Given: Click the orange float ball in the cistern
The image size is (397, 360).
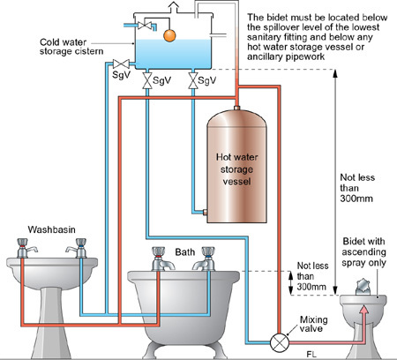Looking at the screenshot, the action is click(x=169, y=35).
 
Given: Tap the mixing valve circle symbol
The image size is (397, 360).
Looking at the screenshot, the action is click(x=280, y=342).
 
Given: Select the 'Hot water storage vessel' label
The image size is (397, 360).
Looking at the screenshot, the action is click(x=236, y=169).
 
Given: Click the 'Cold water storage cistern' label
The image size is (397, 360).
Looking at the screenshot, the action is click(x=71, y=47).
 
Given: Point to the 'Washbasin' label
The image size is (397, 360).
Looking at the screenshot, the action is click(x=52, y=229).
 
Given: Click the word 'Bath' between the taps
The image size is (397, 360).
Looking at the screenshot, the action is click(x=185, y=252).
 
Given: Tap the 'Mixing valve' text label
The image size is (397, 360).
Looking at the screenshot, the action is click(x=313, y=324).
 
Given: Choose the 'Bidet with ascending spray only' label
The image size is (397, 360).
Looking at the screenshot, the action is click(x=363, y=252).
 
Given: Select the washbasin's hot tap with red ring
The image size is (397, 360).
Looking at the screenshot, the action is click(x=24, y=248).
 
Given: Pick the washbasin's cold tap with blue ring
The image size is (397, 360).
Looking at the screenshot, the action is click(x=79, y=248).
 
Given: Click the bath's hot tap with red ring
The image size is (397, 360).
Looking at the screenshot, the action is click(x=161, y=259).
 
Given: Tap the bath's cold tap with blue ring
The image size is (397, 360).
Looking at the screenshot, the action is click(x=206, y=259).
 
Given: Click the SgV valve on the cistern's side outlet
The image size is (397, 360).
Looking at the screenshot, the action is click(x=121, y=64).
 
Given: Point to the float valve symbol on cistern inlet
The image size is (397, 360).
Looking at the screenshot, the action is click(x=145, y=26).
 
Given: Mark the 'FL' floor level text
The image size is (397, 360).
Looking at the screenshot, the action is click(x=311, y=355).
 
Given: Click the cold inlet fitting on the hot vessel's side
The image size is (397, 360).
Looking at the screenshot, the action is click(x=205, y=212).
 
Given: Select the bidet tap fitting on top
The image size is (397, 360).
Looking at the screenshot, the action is click(x=363, y=287).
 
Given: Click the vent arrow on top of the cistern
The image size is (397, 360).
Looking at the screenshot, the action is click(x=174, y=7).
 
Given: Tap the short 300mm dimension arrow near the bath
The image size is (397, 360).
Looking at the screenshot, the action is click(x=291, y=283).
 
